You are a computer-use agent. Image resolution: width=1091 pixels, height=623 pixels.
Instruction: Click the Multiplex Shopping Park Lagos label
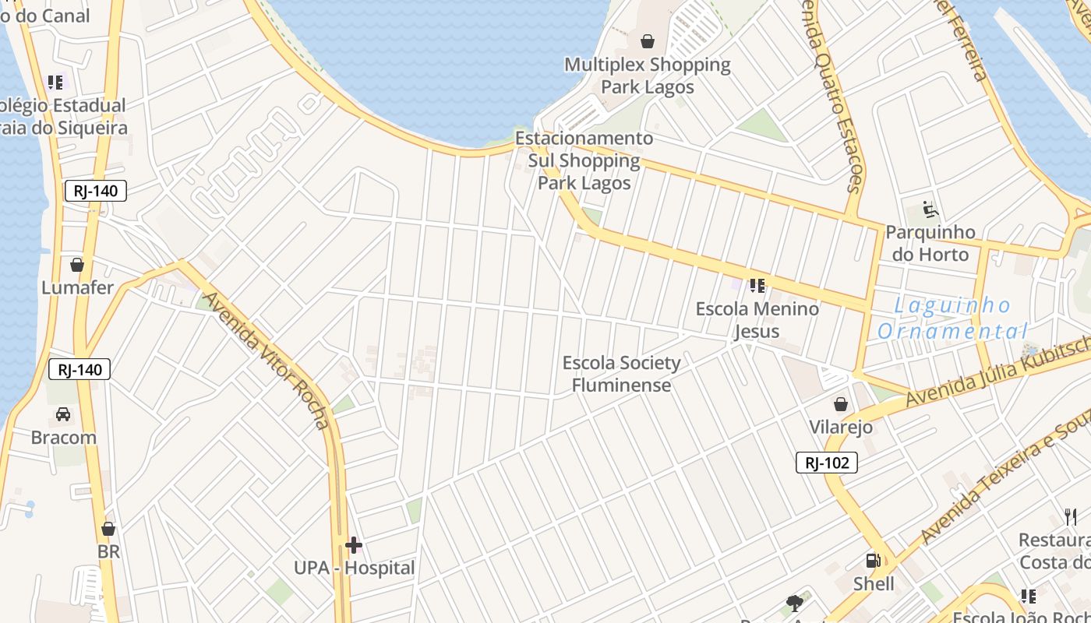pos(648,75)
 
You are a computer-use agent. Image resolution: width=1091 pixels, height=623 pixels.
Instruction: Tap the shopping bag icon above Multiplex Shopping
pos(648,40)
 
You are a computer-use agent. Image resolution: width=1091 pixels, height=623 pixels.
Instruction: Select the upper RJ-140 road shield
pos(95,191)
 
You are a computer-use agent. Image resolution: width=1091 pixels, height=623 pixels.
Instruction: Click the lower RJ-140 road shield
pos(79,369)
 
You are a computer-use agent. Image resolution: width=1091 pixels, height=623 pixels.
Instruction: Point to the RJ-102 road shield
pos(826,463)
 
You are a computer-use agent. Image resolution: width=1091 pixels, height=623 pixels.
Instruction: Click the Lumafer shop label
pos(77,287)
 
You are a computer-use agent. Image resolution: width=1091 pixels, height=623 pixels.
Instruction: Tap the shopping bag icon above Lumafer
pos(77,265)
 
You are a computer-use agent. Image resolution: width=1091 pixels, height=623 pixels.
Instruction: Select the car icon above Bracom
pos(63,414)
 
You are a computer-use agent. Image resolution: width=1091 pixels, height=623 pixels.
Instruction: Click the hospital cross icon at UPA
pos(354,544)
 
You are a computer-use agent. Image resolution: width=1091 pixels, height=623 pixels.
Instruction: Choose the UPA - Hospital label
pos(355,568)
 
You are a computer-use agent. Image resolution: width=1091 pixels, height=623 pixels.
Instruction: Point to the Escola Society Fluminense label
pos(621,374)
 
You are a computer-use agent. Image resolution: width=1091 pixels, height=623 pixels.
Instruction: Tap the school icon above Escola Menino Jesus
pos(757,286)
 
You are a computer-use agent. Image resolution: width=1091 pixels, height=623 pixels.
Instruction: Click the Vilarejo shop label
pos(840,427)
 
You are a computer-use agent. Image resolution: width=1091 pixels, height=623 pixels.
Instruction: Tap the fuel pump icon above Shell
pos(873,561)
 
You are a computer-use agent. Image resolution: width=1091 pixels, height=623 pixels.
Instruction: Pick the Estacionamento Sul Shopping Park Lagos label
pos(584,160)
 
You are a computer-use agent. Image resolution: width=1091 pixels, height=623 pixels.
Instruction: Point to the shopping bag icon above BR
pos(108,530)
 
